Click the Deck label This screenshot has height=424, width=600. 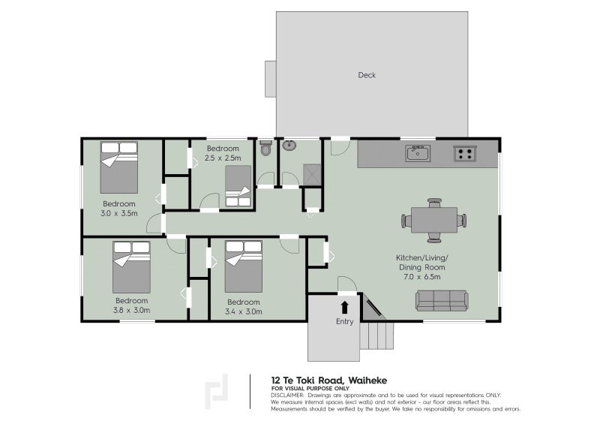click(x=367, y=75)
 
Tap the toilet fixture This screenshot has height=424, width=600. click(x=265, y=148)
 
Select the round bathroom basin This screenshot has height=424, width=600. click(x=289, y=146)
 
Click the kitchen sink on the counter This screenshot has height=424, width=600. click(x=418, y=153)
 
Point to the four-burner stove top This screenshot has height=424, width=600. click(x=465, y=153)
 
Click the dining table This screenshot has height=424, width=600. click(x=434, y=220)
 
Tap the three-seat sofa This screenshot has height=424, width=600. click(x=442, y=301)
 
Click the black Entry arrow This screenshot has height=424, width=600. click(x=344, y=307)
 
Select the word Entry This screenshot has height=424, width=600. click(x=344, y=322)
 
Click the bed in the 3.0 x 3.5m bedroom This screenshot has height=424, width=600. click(x=119, y=167)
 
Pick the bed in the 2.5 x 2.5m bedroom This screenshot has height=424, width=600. click(x=238, y=186)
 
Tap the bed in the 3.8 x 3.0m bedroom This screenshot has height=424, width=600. click(x=131, y=267)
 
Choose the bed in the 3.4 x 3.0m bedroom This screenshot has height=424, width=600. click(x=243, y=266)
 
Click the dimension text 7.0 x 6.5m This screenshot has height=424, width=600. click(x=421, y=277)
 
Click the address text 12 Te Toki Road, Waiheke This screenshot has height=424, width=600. click(x=329, y=380)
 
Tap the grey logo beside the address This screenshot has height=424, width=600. click(x=216, y=392)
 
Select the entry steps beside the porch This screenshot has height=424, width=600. click(x=376, y=335)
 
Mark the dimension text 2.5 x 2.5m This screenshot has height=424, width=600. click(x=223, y=158)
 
